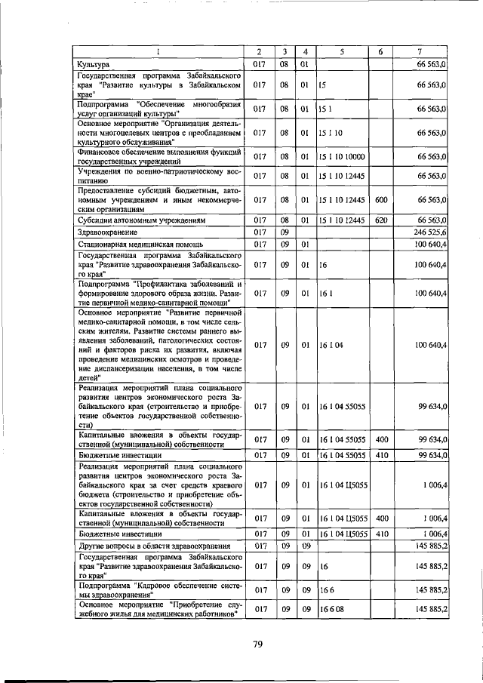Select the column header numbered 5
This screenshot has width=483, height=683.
click(x=341, y=52)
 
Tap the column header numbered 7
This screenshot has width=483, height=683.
click(x=421, y=52)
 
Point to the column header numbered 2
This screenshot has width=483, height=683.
click(x=259, y=52)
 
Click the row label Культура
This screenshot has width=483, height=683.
click(x=95, y=66)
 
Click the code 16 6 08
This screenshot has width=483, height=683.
click(x=330, y=608)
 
